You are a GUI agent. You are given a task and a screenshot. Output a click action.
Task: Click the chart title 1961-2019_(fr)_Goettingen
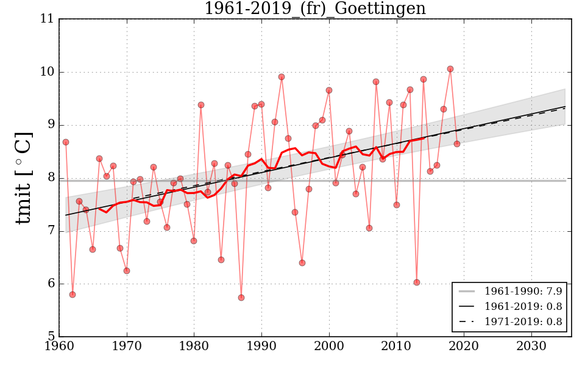314,9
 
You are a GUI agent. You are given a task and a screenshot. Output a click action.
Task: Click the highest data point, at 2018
450,69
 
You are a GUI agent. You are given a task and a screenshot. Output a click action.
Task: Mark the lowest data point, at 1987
241,298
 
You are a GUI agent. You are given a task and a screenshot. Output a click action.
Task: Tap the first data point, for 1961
66,142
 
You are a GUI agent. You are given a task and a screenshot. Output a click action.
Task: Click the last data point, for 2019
457,144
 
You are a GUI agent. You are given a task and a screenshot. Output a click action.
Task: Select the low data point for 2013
417,282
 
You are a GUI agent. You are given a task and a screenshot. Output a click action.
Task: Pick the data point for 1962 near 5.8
73,295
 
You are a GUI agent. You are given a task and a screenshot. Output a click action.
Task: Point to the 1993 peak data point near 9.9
282,77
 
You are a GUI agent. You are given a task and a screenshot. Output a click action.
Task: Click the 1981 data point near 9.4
201,105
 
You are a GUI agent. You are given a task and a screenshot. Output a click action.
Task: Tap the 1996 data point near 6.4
302,263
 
